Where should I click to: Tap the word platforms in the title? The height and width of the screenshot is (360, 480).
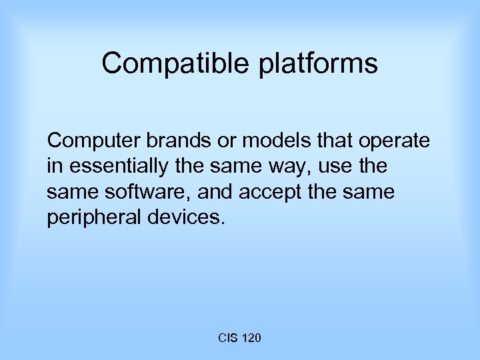click(320, 64)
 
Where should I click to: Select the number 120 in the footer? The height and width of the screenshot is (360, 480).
click(251, 339)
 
